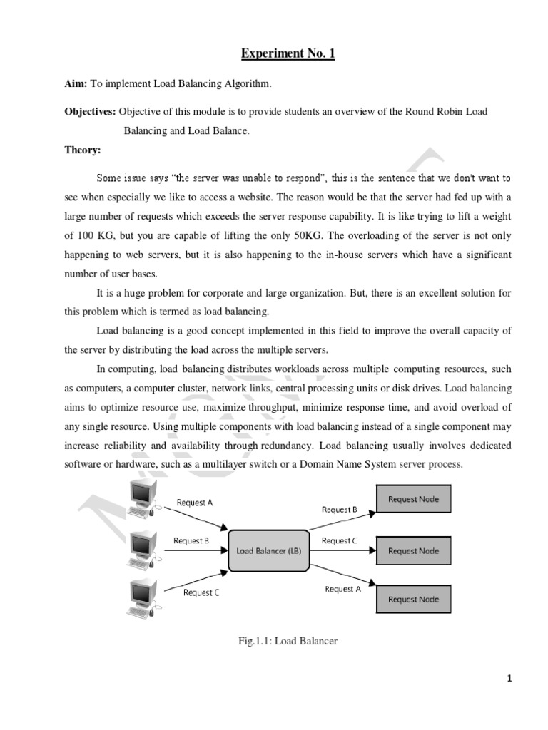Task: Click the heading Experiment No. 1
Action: [288, 53]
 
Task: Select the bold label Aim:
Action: [78, 85]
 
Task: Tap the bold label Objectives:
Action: [91, 113]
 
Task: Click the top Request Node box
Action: [413, 500]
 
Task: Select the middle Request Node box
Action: [413, 551]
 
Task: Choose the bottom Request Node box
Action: [413, 599]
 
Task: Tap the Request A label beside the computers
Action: [195, 503]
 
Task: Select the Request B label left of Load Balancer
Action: [191, 540]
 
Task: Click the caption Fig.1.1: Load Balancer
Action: [288, 641]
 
